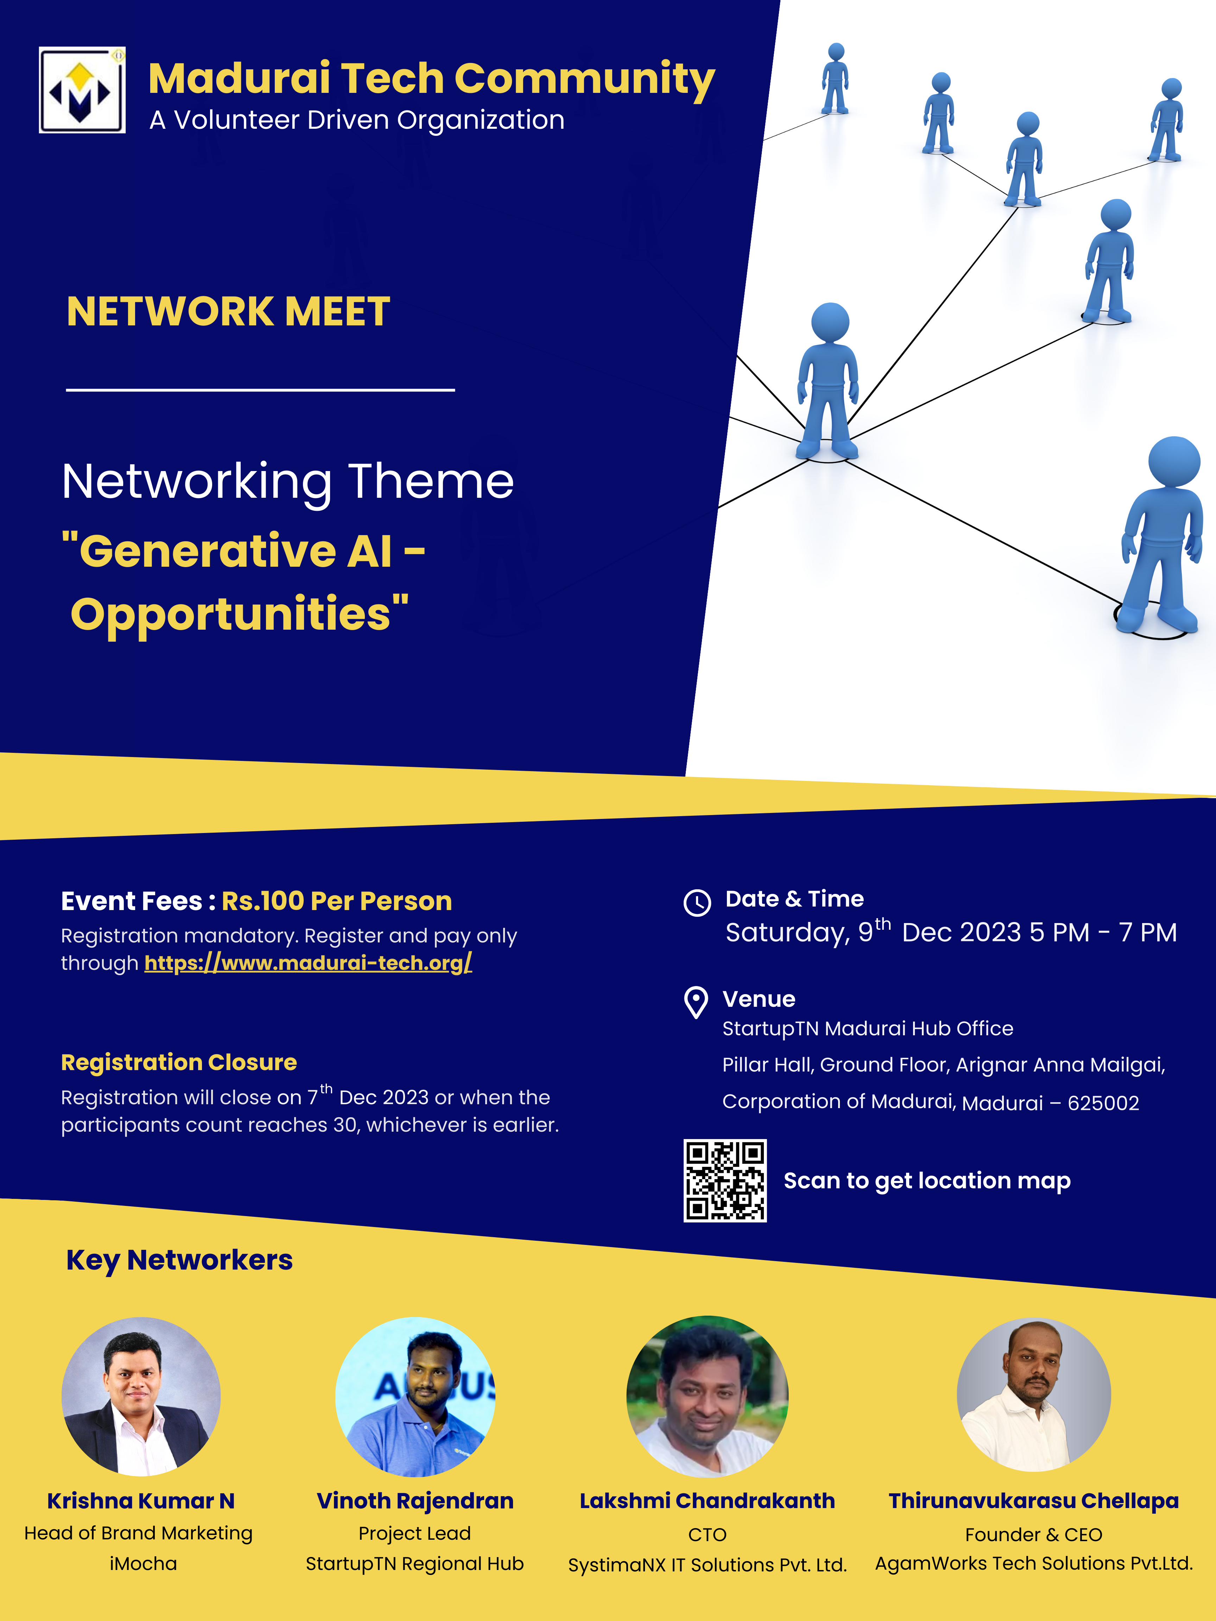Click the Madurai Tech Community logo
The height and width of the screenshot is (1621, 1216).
[82, 90]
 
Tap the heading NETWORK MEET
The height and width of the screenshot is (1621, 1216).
[228, 311]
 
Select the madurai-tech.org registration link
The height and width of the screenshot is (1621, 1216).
[308, 963]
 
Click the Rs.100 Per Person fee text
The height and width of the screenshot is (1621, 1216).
[336, 901]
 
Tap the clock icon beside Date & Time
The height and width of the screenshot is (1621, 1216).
[697, 903]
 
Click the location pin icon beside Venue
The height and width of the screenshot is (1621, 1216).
[696, 1003]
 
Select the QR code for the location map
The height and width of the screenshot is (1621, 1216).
[725, 1181]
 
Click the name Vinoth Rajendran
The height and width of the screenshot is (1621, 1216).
[415, 1501]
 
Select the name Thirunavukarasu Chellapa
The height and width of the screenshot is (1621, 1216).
[1033, 1501]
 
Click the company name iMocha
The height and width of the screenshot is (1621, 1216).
[143, 1564]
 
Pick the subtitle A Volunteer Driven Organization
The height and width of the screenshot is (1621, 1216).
[357, 120]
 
